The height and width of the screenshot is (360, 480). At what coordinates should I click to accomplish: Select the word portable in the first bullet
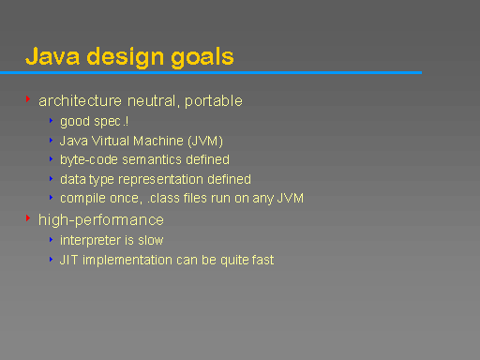coord(213,100)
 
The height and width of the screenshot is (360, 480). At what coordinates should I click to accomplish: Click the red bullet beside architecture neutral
coord(28,98)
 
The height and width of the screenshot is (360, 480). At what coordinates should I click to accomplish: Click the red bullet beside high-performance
coord(28,218)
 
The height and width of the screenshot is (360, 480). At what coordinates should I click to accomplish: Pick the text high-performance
coord(101,220)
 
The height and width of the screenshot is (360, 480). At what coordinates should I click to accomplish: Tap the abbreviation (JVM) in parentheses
coord(205,141)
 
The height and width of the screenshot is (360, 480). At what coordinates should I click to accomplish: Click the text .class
coord(155,198)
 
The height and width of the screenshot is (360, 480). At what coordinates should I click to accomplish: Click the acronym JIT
coord(68,260)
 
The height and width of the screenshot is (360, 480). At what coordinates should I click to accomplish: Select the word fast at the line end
coord(261,260)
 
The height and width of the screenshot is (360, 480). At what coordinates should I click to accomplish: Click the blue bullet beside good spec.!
coord(52,121)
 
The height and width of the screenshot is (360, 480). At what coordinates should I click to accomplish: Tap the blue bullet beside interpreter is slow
coord(52,240)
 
